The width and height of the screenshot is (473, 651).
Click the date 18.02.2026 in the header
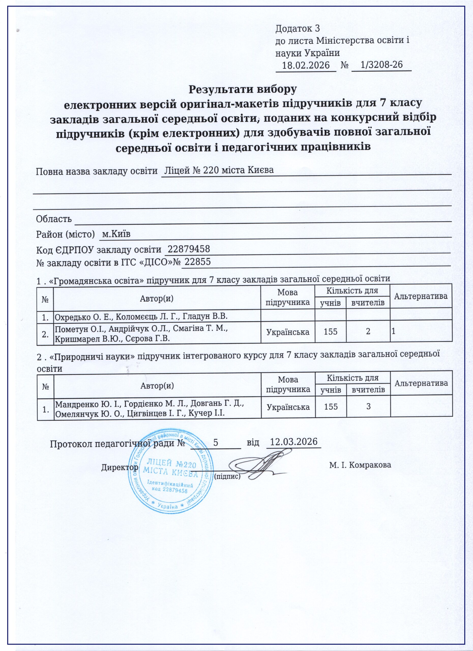pos(305,65)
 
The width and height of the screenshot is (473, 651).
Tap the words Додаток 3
pos(297,28)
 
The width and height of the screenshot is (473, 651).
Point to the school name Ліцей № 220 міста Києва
pos(218,170)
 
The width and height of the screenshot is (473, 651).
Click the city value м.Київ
pos(116,234)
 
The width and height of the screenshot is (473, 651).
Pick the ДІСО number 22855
pos(198,261)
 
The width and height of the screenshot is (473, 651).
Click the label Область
pos(54,219)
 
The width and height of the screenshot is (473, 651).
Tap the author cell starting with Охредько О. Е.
pos(141,317)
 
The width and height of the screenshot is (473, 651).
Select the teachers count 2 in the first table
pos(368,332)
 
